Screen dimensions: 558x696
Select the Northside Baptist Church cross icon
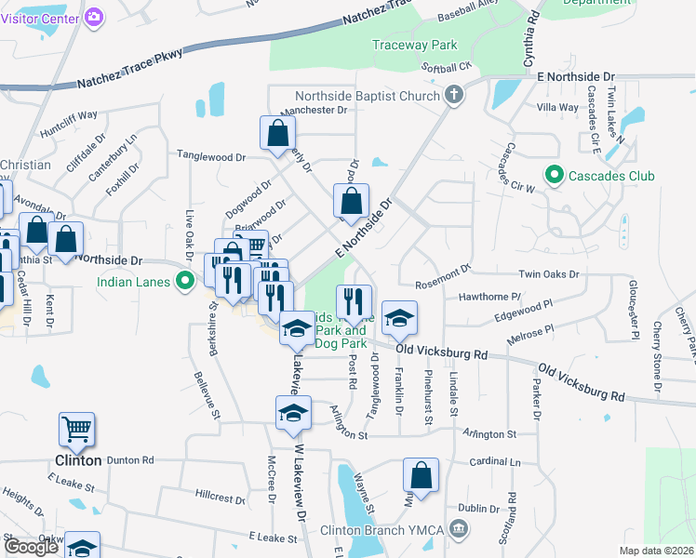pos(453,95)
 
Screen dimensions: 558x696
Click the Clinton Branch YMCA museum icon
pos(458,530)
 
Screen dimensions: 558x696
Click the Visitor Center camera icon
pos(93,17)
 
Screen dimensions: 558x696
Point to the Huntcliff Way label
pos(69,116)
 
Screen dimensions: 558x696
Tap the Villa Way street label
pos(557,108)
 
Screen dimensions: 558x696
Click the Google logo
pos(31,547)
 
